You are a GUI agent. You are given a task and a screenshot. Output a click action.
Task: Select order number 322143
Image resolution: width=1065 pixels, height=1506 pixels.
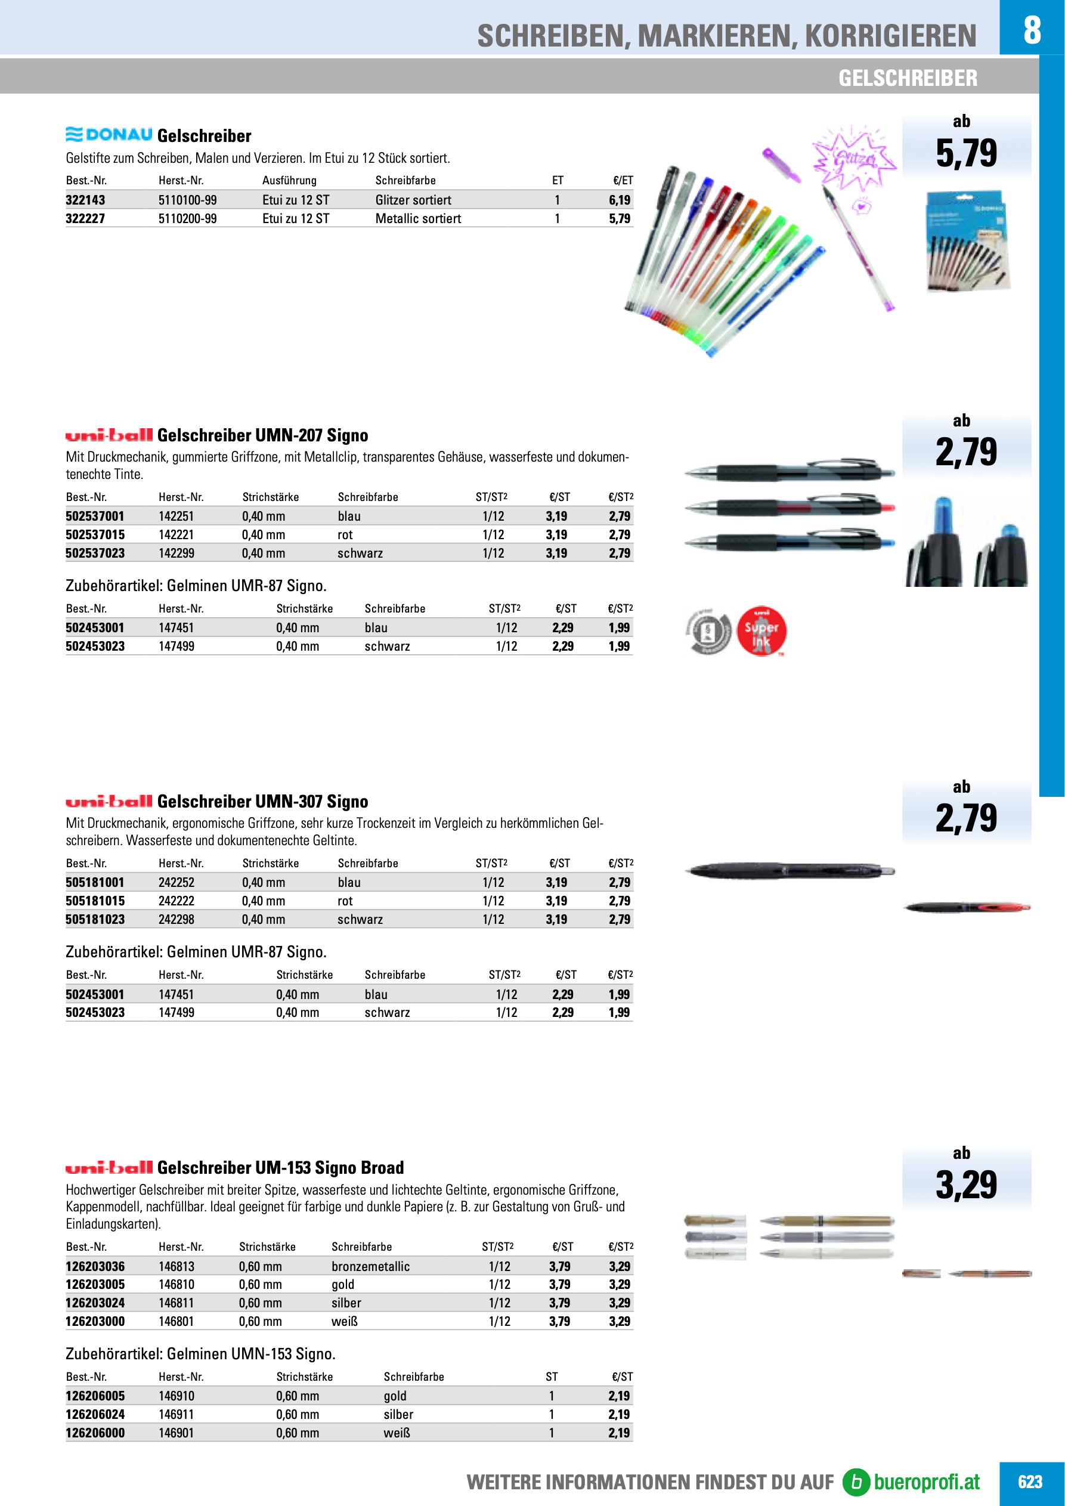(x=85, y=200)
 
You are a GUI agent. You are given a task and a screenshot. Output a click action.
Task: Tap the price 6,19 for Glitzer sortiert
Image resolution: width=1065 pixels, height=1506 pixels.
(x=619, y=200)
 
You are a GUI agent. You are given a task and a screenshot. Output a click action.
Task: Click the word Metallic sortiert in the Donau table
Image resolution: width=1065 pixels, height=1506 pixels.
(x=418, y=218)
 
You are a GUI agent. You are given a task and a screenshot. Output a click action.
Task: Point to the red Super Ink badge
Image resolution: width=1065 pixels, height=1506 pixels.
(x=761, y=630)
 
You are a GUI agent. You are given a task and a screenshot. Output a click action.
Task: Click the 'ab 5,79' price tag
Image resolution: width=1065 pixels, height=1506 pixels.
(x=966, y=145)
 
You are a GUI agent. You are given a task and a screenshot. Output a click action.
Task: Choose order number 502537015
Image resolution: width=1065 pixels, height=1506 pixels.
(x=95, y=534)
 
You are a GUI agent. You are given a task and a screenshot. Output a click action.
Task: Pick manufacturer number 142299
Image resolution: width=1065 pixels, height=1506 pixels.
(x=177, y=553)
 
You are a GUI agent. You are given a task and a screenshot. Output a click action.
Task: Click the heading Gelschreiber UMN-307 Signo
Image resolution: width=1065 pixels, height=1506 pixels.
(x=262, y=801)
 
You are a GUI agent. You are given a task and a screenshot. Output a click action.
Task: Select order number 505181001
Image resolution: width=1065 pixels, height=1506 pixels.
(x=95, y=882)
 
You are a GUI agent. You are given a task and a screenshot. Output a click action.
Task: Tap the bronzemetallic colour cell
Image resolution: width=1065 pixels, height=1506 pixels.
(x=370, y=1266)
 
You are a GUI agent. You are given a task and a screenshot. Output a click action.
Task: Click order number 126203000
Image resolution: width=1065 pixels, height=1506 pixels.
(x=95, y=1321)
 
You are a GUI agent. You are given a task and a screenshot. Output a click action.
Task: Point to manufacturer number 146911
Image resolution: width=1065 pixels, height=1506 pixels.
(x=177, y=1414)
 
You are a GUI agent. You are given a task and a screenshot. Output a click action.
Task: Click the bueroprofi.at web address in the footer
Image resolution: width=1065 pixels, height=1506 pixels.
(x=926, y=1482)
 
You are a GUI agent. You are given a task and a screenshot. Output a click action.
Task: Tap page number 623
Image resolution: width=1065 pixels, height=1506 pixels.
(x=1030, y=1482)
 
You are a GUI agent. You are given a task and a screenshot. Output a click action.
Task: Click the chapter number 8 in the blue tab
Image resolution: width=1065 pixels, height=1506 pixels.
(x=1032, y=29)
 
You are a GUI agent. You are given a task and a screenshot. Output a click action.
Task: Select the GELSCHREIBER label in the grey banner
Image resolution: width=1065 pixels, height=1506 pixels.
(x=907, y=78)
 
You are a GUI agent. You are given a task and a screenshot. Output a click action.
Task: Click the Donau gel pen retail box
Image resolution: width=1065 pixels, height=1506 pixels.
(x=967, y=241)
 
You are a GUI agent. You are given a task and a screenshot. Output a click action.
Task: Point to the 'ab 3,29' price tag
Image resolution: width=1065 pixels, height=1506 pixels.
(x=966, y=1178)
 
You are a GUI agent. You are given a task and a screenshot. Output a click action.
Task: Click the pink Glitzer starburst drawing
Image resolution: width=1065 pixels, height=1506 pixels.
(x=853, y=157)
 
